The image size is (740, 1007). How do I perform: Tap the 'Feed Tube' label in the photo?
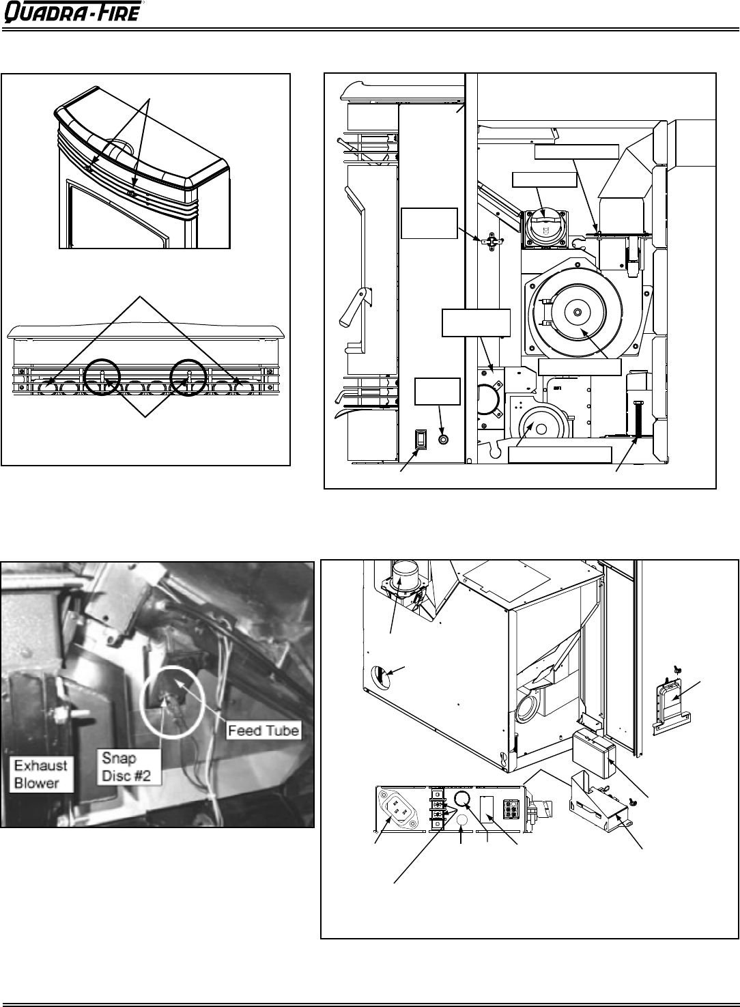point(264,730)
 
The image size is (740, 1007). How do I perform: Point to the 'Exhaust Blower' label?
point(41,775)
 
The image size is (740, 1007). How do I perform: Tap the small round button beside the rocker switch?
point(443,439)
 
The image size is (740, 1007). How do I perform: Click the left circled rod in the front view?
point(102,377)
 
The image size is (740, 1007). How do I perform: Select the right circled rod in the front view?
point(189,377)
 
